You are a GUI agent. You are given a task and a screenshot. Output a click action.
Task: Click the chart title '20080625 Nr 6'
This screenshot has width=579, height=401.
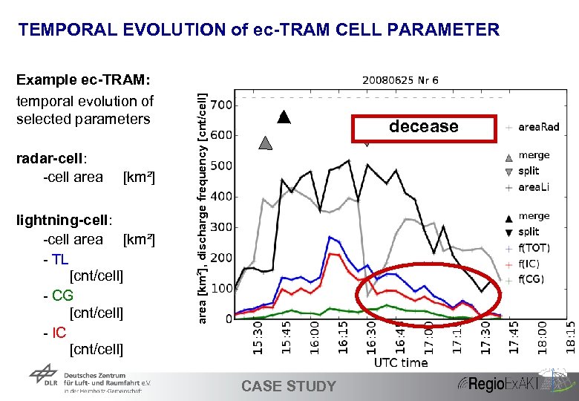pyautogui.click(x=400, y=80)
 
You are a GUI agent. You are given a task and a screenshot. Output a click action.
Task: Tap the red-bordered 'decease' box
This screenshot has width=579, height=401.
pyautogui.click(x=424, y=127)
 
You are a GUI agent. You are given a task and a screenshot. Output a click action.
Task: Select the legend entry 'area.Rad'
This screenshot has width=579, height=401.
pyautogui.click(x=538, y=127)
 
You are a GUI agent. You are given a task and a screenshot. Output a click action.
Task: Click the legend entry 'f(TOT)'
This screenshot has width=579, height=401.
pyautogui.click(x=534, y=248)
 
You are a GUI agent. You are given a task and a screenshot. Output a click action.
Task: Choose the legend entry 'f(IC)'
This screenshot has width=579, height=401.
pyautogui.click(x=530, y=264)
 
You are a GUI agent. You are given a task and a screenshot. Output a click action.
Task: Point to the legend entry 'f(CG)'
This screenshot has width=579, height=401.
pyautogui.click(x=531, y=279)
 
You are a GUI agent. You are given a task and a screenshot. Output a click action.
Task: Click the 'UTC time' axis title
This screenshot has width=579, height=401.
pyautogui.click(x=400, y=362)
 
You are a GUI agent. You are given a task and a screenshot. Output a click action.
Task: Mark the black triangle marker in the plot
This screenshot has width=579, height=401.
pyautogui.click(x=283, y=117)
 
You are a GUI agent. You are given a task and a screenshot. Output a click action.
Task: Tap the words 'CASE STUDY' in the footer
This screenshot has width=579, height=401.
pyautogui.click(x=289, y=386)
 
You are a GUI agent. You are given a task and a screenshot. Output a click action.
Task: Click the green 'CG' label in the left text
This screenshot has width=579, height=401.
pyautogui.click(x=62, y=295)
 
